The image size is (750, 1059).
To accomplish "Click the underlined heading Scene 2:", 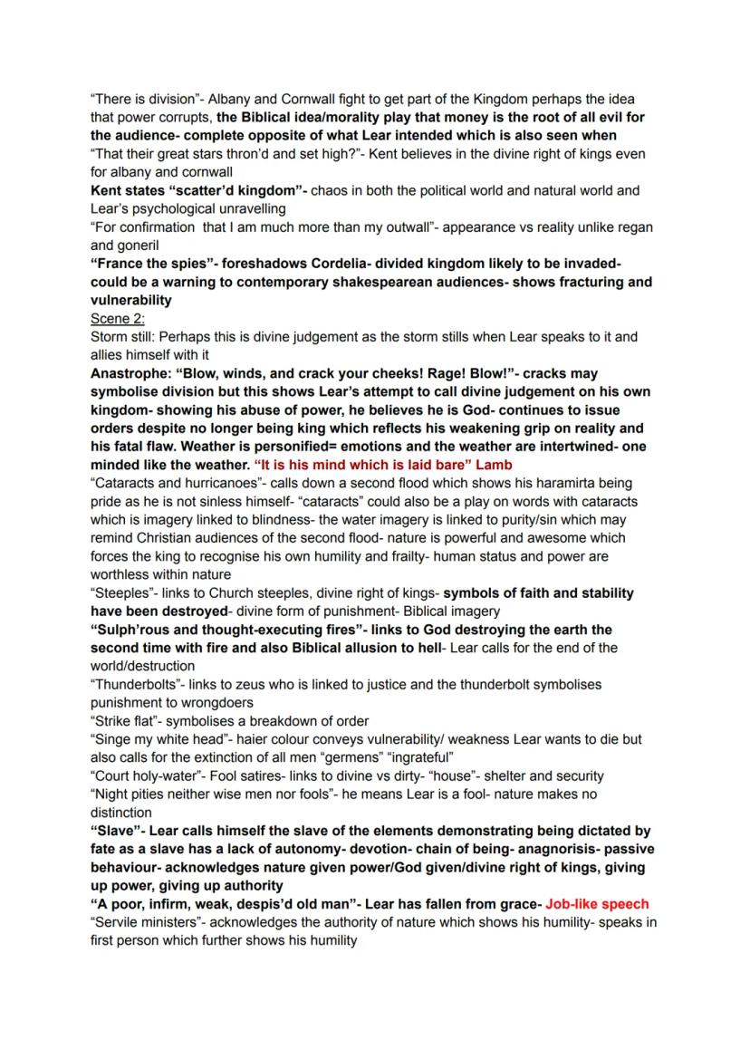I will click(118, 318).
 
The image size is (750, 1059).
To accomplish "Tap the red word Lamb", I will click(495, 464).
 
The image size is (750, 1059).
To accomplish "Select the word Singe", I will click(114, 739).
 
